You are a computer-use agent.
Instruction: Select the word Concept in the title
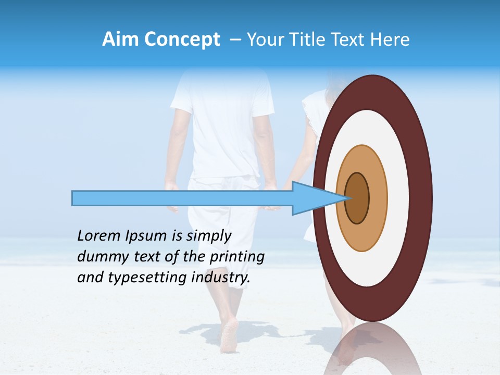tap(182, 40)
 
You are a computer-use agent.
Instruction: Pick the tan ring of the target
tap(378, 198)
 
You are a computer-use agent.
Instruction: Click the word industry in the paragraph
tap(221, 278)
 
